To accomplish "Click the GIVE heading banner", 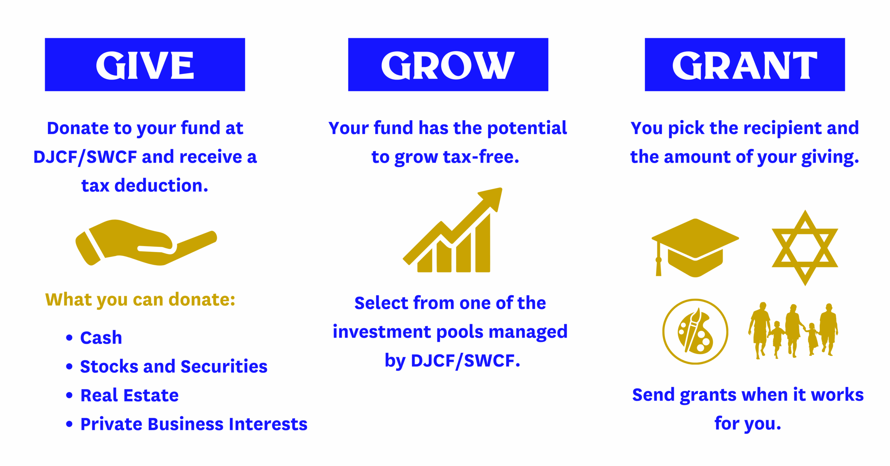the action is point(145,65).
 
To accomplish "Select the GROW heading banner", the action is point(448,65).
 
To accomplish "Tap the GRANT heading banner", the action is point(745,65).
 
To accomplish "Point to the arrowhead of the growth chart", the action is point(492,198).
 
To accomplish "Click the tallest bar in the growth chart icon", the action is point(483,243).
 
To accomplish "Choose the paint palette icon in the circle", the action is point(695,332).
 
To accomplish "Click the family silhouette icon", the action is point(793,330).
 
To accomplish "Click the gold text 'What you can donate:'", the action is point(140,300).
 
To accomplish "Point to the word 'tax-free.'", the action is point(481,157).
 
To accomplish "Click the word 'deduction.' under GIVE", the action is point(161,186).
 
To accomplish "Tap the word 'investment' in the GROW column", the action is point(382,332).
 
